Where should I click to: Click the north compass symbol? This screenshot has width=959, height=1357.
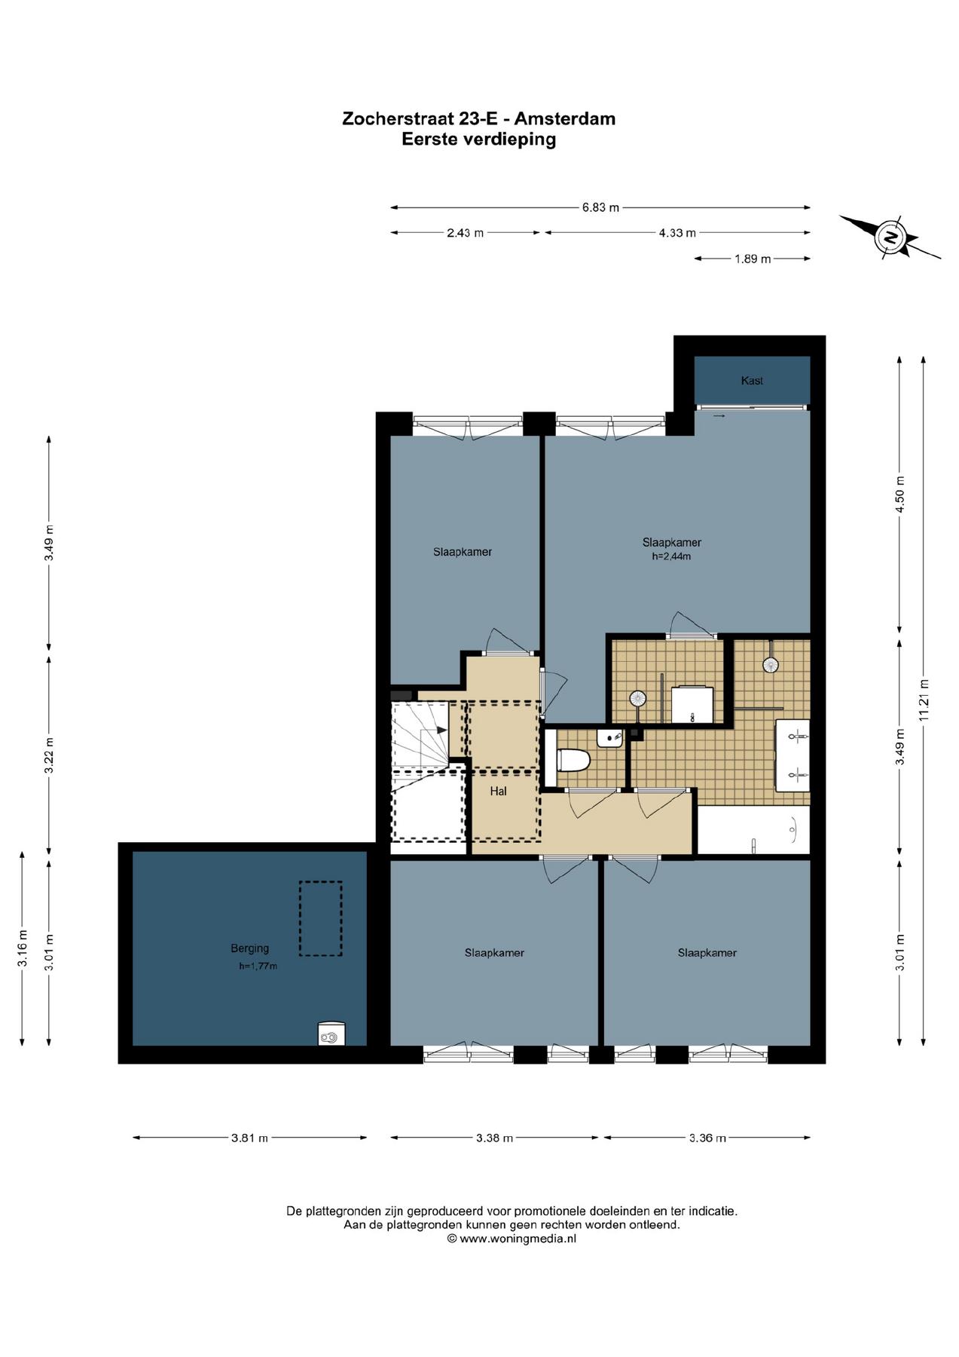point(890,237)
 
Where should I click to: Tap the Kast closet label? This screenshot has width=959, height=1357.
point(752,381)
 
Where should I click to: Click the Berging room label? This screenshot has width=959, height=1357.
point(249,948)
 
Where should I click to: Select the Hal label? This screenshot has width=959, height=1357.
point(498,791)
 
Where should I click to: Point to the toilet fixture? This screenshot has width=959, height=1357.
point(573,760)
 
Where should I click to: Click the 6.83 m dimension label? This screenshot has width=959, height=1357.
point(600,207)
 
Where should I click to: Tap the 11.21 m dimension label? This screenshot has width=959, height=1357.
point(924,700)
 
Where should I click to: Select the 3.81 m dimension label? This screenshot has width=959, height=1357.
point(249,1138)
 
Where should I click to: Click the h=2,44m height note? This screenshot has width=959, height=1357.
point(671,557)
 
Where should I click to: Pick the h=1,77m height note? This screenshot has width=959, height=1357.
point(258,966)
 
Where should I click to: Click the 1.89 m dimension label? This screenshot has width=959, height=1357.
point(753,259)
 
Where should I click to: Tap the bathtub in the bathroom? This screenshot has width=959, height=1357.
point(753,831)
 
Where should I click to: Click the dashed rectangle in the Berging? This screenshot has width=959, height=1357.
point(321,919)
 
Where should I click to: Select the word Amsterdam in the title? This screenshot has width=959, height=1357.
point(564,118)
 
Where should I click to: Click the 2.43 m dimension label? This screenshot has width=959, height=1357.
point(465,233)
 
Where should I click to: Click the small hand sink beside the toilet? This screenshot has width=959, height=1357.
point(609,737)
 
